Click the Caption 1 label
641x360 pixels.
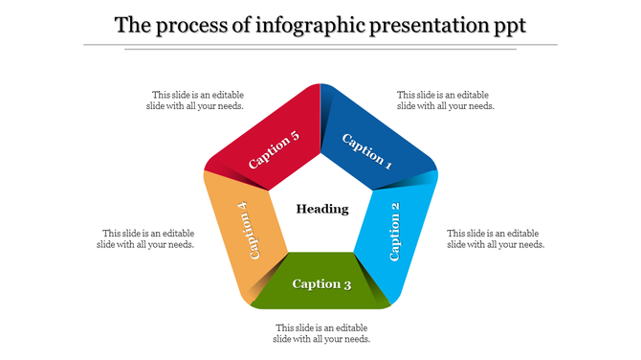click(367, 150)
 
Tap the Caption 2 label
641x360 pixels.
click(396, 232)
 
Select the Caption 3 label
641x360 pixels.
click(321, 283)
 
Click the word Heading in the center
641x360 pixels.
click(322, 209)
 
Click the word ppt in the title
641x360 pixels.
click(509, 25)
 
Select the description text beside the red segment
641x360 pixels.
click(197, 101)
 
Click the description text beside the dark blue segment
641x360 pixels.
click(446, 101)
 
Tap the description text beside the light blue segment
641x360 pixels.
click(496, 238)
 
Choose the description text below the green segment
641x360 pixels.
click(321, 333)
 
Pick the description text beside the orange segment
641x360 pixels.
click(147, 238)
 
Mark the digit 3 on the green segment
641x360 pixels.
click(347, 283)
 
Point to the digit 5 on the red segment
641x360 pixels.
click(295, 137)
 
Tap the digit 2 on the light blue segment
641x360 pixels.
click(396, 207)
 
